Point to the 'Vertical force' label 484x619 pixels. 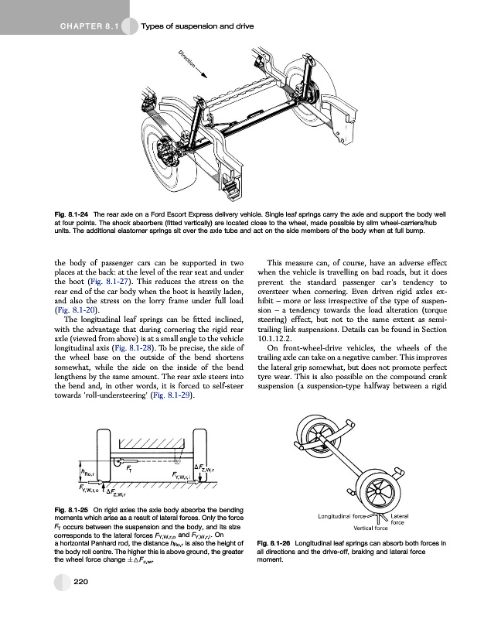pos(376,528)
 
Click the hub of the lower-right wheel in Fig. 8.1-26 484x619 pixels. pos(396,494)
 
